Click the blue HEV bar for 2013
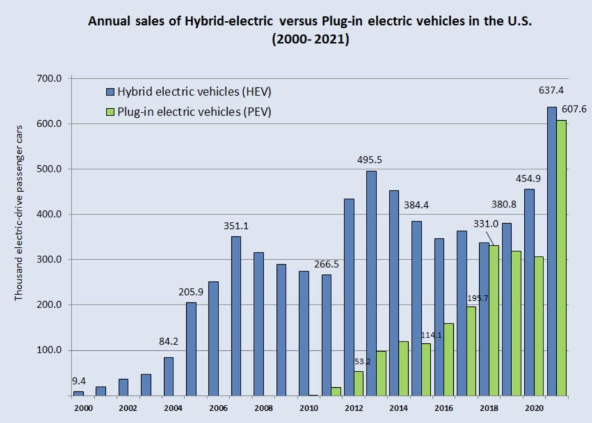tap(372, 283)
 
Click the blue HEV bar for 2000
tap(78, 394)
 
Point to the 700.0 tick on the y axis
tap(49, 79)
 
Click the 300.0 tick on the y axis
tap(49, 260)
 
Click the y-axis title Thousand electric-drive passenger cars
tap(19, 212)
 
